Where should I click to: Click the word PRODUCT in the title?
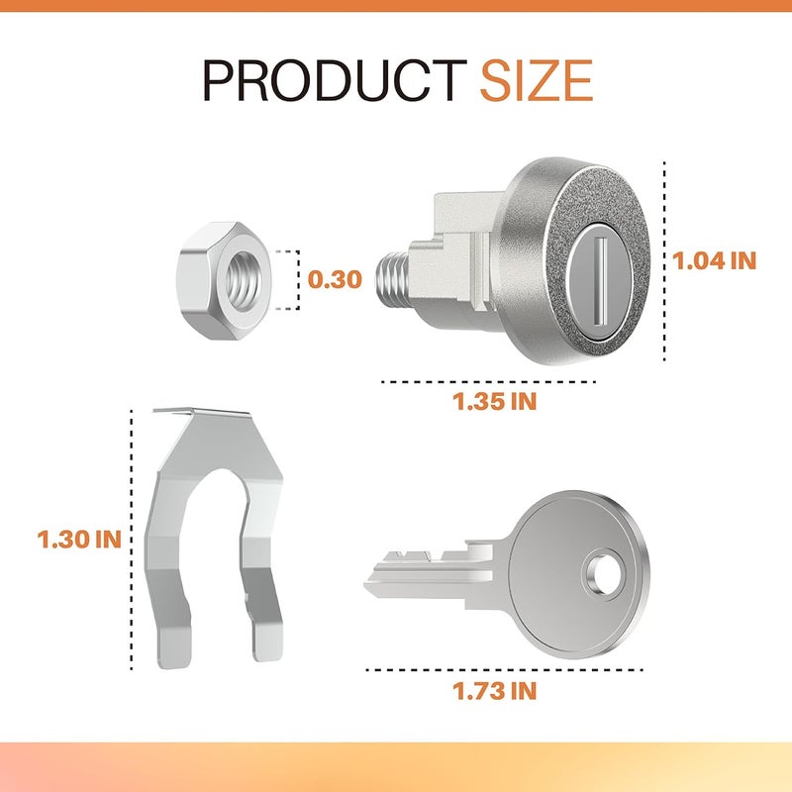335,81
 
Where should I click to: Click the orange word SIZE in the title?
537,81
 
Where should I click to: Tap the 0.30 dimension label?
335,279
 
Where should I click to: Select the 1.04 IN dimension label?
714,261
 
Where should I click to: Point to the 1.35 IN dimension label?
494,402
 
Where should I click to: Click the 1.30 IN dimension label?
79,540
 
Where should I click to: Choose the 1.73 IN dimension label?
494,691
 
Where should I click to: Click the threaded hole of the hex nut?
245,281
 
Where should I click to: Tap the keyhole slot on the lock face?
601,281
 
